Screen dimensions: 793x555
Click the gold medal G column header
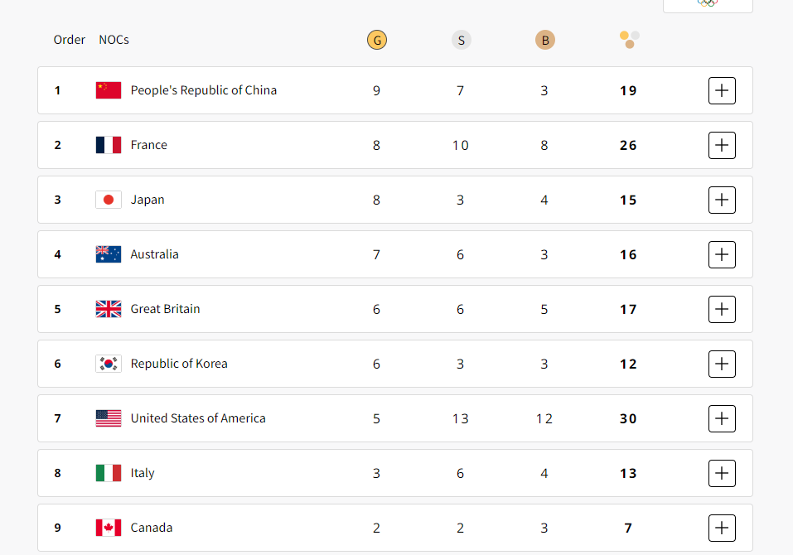(x=377, y=40)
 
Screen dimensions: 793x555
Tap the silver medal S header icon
(x=462, y=40)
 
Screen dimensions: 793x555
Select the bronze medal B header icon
(x=545, y=40)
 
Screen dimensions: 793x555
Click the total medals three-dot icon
(x=630, y=40)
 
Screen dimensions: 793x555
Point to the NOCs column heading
(x=114, y=40)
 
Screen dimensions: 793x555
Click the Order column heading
(x=70, y=40)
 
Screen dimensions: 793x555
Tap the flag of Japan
(x=109, y=200)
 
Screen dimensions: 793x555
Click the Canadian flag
(x=109, y=528)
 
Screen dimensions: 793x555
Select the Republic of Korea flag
(x=109, y=364)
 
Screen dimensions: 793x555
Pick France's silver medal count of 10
(x=460, y=146)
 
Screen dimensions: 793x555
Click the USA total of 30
(x=628, y=419)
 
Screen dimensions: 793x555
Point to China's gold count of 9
(x=376, y=91)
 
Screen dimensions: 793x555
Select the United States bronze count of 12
(x=544, y=419)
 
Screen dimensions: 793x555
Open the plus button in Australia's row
(x=722, y=255)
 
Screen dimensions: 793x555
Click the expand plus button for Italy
(x=722, y=474)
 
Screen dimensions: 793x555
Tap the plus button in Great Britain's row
(x=722, y=309)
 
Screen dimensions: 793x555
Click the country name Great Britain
(x=165, y=309)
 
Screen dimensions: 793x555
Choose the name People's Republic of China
(x=203, y=90)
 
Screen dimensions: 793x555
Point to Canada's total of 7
(x=628, y=528)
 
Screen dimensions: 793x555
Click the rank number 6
(x=58, y=364)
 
